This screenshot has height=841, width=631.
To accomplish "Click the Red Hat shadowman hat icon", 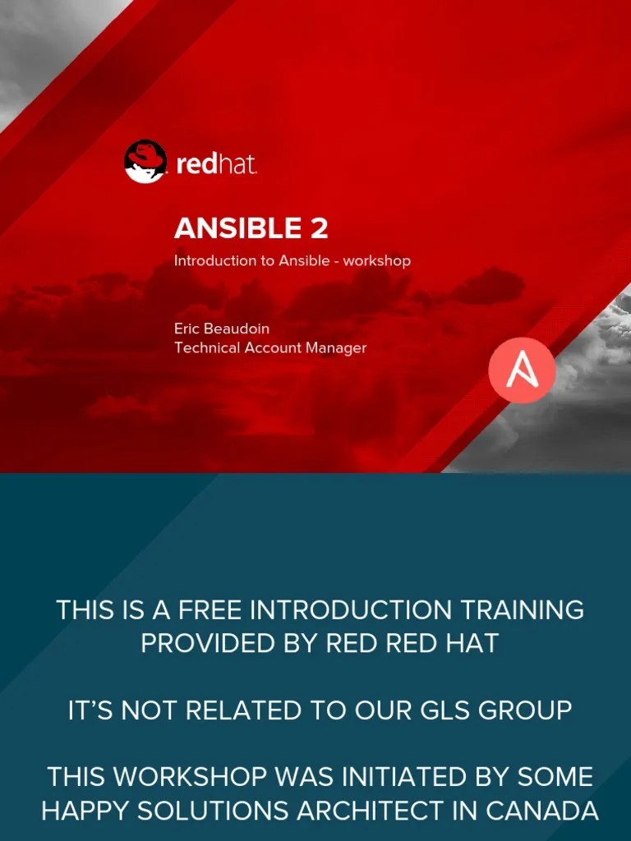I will pos(145,161).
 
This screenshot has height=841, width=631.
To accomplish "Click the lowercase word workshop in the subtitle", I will pos(376,260).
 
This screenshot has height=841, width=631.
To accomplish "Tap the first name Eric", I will pos(187,329).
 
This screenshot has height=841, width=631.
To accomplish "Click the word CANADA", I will pos(542,811).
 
